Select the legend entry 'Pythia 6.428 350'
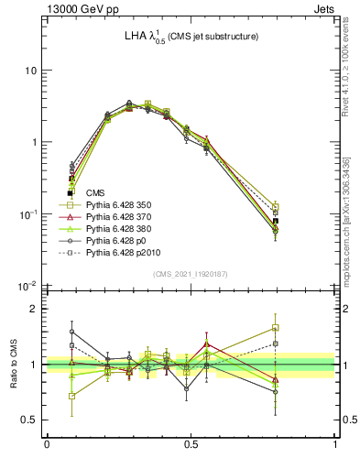pyautogui.click(x=119, y=204)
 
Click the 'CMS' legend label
pyautogui.click(x=95, y=192)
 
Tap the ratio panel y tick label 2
pyautogui.click(x=36, y=309)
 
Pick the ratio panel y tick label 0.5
pyautogui.click(x=31, y=420)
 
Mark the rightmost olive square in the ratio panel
pyautogui.click(x=276, y=327)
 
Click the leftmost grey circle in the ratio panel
pyautogui.click(x=72, y=332)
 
